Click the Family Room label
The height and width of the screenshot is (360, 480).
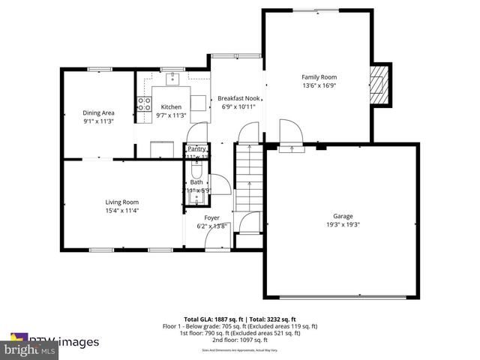[319, 77]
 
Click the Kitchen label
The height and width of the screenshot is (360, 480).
[172, 106]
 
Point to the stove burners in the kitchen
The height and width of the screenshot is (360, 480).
[142, 104]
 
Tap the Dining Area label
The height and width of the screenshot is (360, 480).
[98, 112]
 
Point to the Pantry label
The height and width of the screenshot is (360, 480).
[196, 148]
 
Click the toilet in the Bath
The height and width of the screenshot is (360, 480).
[196, 169]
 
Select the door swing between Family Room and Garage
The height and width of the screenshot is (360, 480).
[291, 133]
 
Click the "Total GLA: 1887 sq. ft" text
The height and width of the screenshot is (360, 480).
[210, 319]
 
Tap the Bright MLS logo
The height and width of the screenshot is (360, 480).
[30, 349]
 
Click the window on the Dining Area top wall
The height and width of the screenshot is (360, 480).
[99, 70]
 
